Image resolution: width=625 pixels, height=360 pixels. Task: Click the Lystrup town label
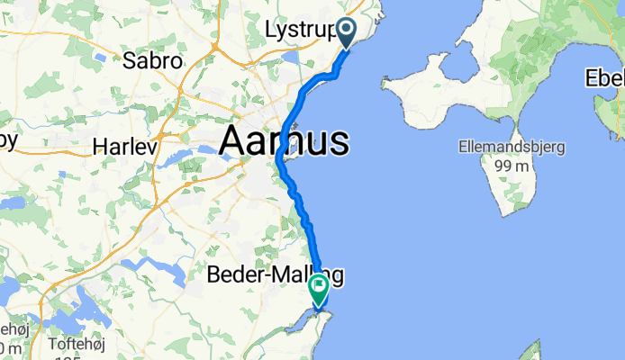coord(301,31)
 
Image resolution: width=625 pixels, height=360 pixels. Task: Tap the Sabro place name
coord(153,62)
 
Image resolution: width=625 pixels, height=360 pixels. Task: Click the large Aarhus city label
coord(284,142)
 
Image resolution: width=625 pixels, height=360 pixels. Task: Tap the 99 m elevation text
coord(510,166)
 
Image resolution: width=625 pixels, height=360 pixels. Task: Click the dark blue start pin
coord(349,33)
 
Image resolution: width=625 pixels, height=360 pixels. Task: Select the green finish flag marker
coord(319,289)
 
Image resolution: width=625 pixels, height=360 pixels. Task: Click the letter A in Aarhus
coord(233,142)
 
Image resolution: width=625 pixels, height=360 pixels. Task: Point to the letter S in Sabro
coord(130,62)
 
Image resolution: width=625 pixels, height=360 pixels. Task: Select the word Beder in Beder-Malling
coord(231,275)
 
